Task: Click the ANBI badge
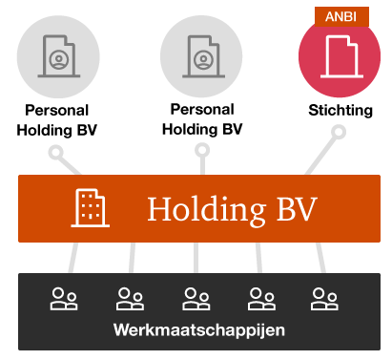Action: (x=340, y=15)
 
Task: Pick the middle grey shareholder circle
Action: (x=201, y=55)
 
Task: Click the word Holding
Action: (x=196, y=208)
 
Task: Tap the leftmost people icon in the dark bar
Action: (x=65, y=299)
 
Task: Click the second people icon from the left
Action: (x=130, y=299)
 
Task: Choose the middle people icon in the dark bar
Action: (x=196, y=299)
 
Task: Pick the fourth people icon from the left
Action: (x=260, y=299)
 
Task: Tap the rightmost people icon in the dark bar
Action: (x=324, y=299)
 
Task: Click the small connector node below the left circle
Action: (x=56, y=152)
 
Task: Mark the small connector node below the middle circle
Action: (x=201, y=150)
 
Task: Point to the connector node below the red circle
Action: (x=339, y=131)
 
